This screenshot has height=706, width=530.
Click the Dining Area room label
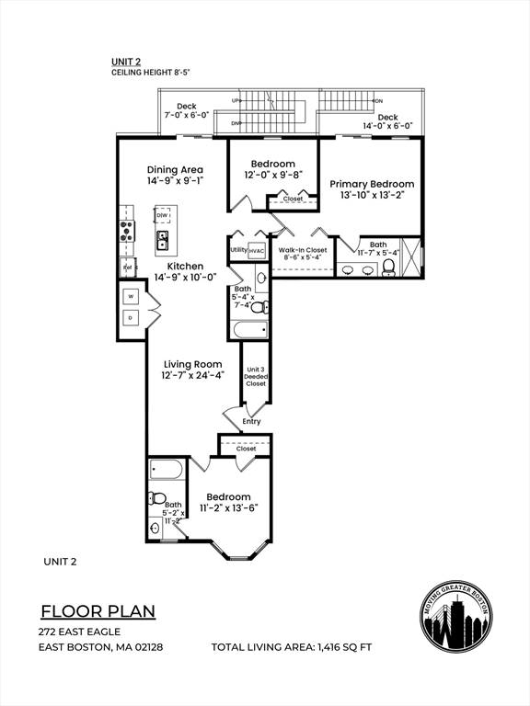coord(175,170)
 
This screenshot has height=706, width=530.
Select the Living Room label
coord(194,365)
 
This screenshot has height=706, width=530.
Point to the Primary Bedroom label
coord(372,184)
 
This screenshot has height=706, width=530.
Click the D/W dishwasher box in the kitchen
coord(163,216)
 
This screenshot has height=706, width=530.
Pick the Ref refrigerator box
coord(127,268)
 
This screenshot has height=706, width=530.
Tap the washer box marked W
coord(131,296)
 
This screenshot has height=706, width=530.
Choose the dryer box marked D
coord(131,318)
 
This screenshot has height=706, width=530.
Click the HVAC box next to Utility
coord(257,250)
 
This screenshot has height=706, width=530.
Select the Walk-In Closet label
coord(303,250)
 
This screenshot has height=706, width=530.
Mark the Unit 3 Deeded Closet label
coord(256,376)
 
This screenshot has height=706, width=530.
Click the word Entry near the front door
coord(251,422)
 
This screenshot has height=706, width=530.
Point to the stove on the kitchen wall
coord(126,230)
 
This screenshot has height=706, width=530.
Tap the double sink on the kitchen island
coord(163,241)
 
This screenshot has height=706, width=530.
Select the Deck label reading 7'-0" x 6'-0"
coord(187,110)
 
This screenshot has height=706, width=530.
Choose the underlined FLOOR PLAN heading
coord(98,611)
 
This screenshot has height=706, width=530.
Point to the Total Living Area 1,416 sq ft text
coord(292,647)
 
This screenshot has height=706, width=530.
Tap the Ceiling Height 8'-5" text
coord(151,73)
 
